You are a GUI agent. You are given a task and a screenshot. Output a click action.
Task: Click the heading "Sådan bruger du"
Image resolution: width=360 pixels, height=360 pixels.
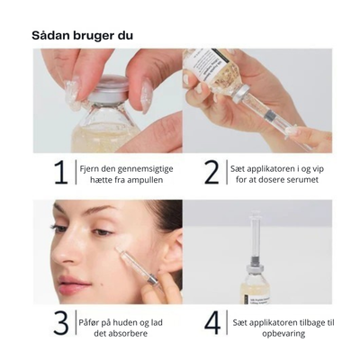click(x=84, y=36)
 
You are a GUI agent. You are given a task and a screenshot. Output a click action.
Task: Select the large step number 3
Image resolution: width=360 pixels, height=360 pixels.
click(x=60, y=321)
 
